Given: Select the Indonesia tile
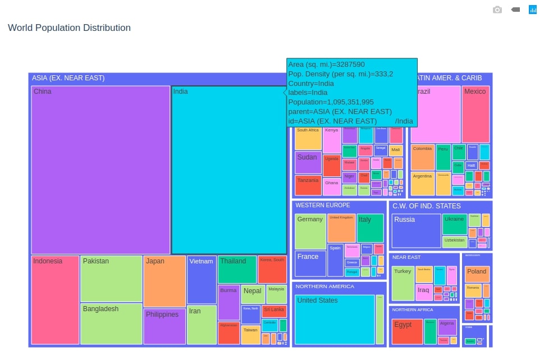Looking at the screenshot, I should tap(55, 300).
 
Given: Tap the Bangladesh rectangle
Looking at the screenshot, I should tap(111, 323).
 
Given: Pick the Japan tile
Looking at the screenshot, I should tap(164, 281).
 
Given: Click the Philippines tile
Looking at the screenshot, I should tap(164, 326).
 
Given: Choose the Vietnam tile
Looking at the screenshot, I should tap(202, 279).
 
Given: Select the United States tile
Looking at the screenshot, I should tap(335, 319).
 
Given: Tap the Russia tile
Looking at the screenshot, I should tap(416, 231).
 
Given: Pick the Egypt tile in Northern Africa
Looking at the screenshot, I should tap(407, 331).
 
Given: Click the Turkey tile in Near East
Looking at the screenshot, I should tap(403, 283).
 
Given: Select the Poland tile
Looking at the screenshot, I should tap(477, 274).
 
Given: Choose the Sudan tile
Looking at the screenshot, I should tap(308, 162).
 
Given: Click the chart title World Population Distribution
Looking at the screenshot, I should tap(69, 28).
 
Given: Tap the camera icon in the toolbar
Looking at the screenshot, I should tap(497, 10).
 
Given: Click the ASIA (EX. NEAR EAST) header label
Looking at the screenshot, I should tap(68, 78).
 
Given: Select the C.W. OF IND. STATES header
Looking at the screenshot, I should tap(427, 206).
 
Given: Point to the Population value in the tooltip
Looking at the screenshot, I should tap(331, 102).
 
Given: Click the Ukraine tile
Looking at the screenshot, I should tap(454, 224).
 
